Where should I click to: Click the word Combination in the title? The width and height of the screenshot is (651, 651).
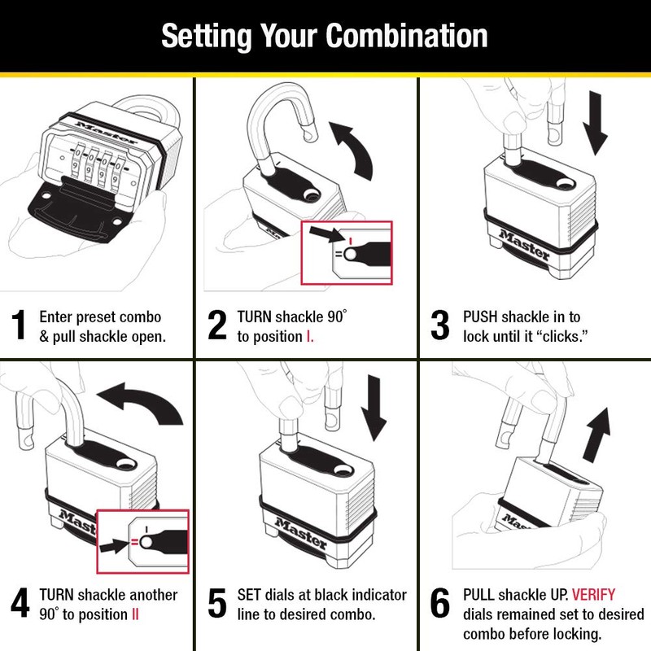407,37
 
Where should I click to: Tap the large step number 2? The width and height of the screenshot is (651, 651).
217,325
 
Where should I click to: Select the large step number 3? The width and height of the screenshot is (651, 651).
439,325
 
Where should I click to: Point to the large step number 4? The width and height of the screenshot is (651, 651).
20,605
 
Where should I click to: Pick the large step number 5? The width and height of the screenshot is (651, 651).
217,605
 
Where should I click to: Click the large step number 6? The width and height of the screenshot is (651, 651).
439,605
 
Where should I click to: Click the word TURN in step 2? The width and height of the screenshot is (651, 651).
255,317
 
